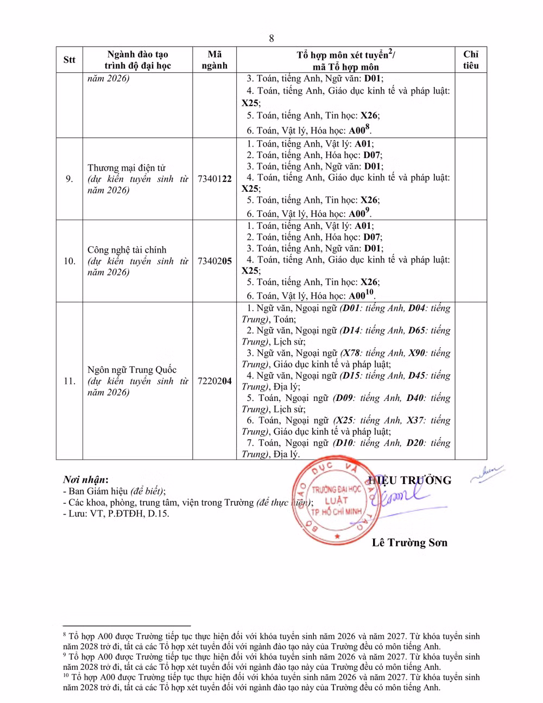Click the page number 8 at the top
271,38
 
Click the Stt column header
69,60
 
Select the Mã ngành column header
214,60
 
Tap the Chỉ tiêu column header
470,60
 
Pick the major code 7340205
214,261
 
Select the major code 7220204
214,381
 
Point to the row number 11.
69,381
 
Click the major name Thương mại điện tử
127,168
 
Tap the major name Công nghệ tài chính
127,250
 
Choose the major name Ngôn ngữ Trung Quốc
132,370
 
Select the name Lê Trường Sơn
409,543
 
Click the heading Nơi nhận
85,480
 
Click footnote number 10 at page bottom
66,677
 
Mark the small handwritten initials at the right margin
487,473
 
